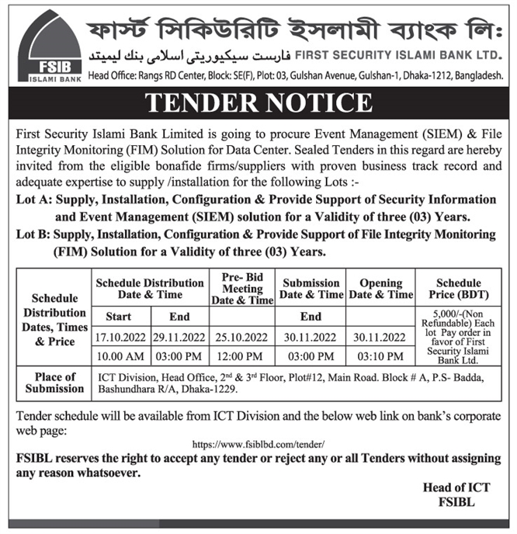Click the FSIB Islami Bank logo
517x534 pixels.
coord(48,48)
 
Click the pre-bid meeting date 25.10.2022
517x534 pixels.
coord(241,337)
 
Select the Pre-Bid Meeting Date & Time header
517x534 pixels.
coord(241,288)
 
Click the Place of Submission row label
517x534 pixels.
coord(54,383)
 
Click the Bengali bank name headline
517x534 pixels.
coord(295,27)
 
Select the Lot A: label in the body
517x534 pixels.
coord(30,200)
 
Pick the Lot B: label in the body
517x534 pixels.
coord(30,234)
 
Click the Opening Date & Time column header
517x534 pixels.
coord(380,289)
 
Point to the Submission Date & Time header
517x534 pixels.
coord(311,289)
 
